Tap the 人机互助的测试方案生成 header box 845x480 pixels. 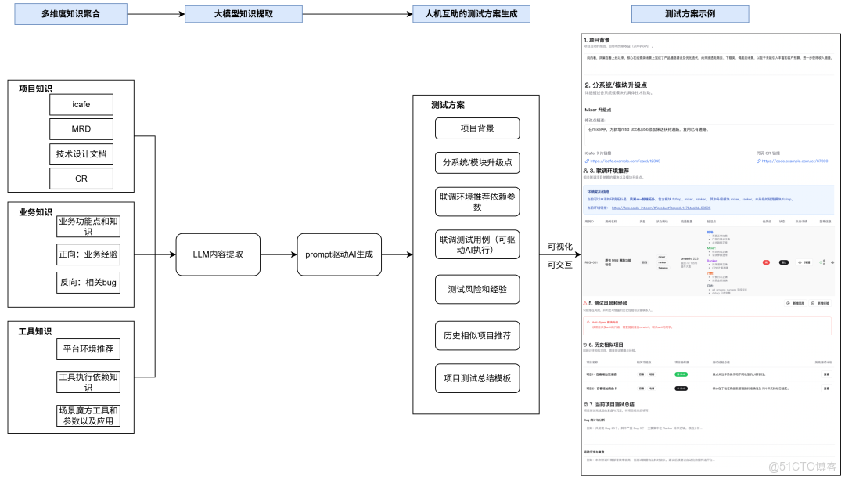[471, 14]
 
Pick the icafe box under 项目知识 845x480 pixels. [81, 104]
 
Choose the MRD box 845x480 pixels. [81, 129]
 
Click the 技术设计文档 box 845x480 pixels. [81, 154]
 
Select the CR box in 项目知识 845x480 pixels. [81, 179]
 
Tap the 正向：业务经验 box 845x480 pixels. [88, 254]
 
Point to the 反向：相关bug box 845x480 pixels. [88, 282]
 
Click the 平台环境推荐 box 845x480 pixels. [88, 348]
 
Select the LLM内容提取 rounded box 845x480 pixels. [218, 254]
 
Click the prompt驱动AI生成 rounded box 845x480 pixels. [339, 254]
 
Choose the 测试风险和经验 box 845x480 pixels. [476, 289]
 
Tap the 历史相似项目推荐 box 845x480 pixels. [476, 335]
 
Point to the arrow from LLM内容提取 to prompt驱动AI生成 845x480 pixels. [278, 254]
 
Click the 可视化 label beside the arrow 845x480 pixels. [559, 247]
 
